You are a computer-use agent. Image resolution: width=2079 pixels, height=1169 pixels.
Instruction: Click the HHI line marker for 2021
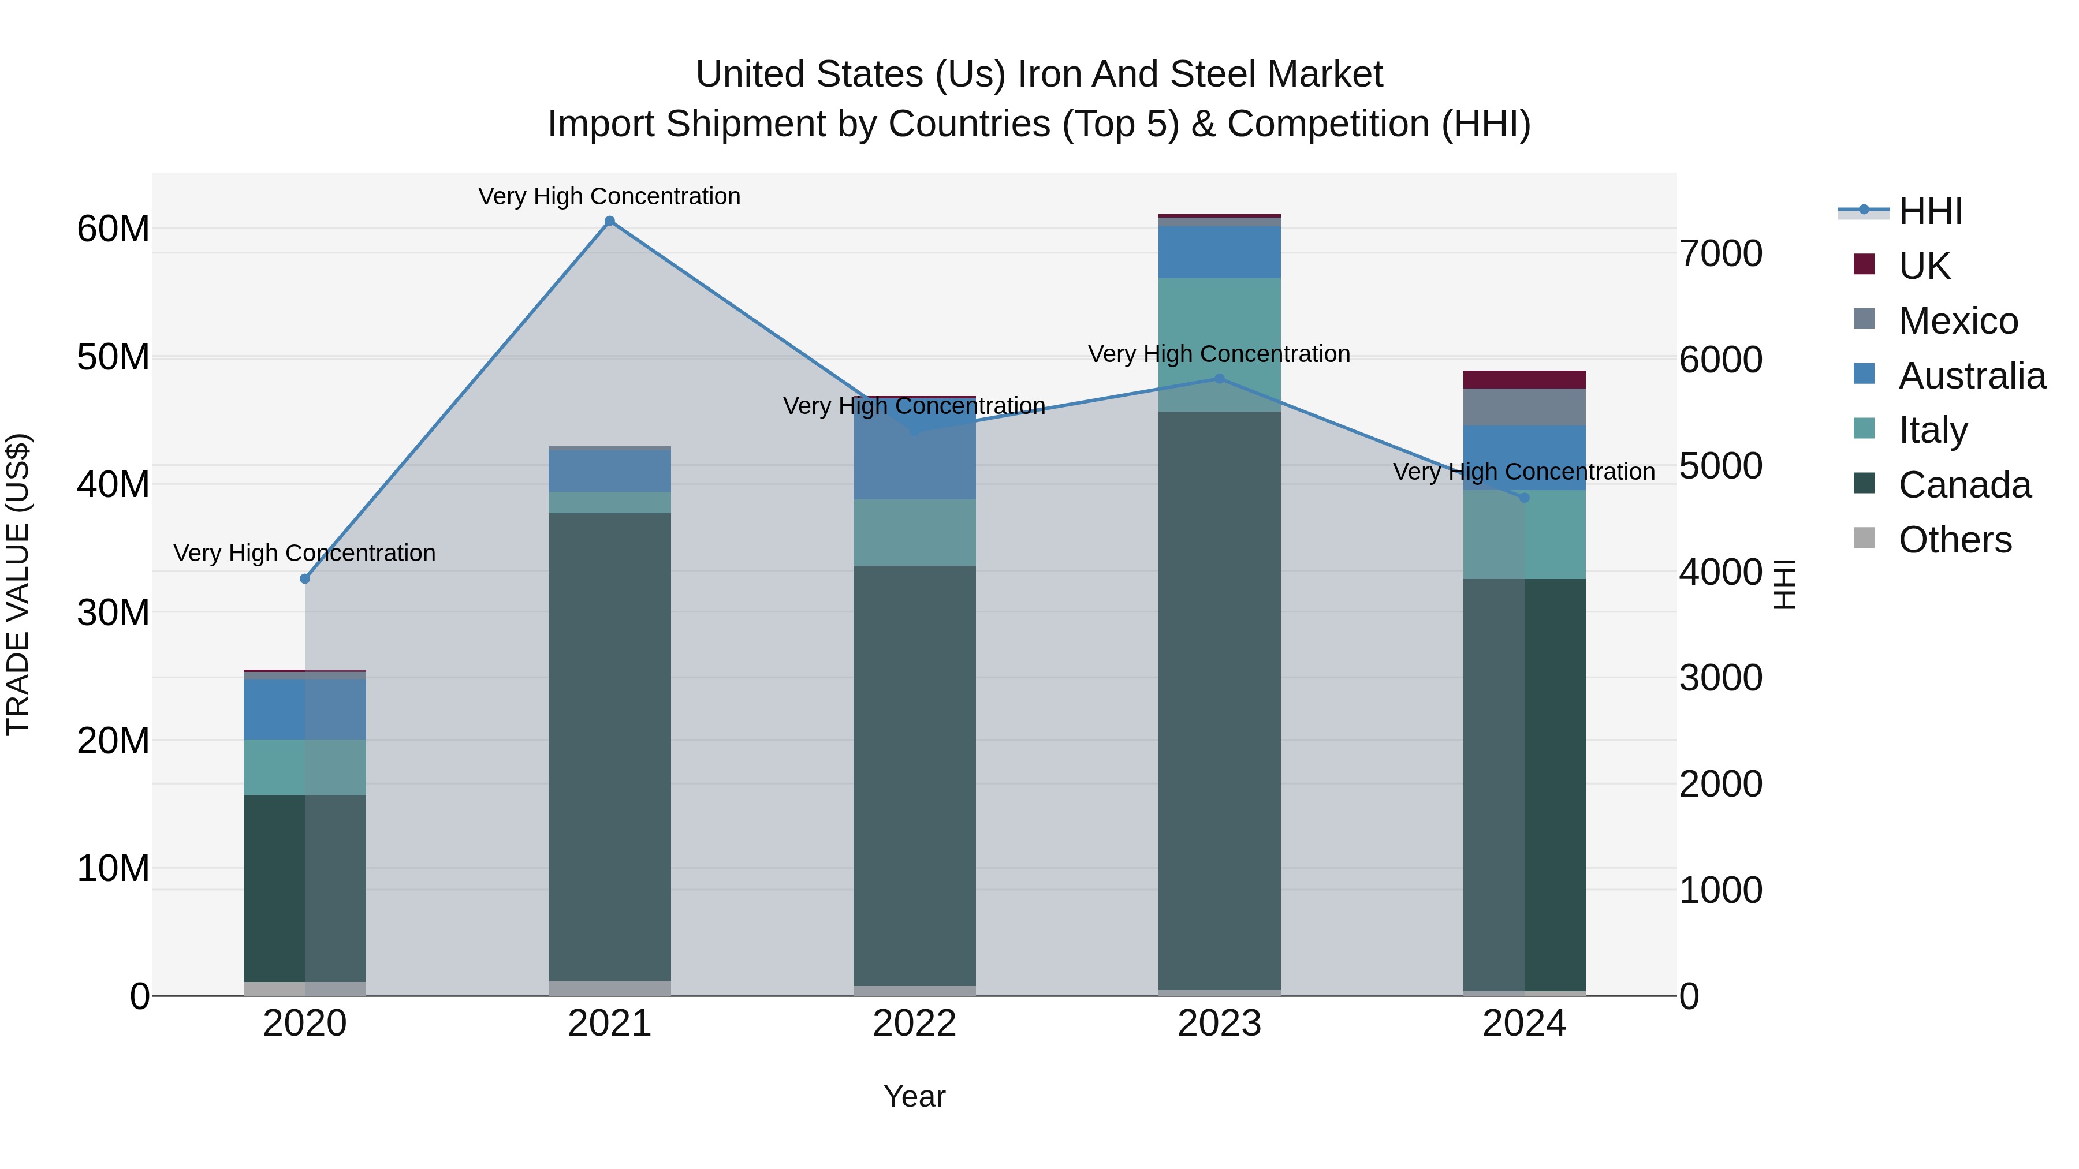coord(609,221)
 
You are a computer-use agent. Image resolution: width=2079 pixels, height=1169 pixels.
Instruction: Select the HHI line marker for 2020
coord(305,578)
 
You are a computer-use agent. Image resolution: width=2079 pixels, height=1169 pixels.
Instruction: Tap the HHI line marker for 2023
coord(1220,378)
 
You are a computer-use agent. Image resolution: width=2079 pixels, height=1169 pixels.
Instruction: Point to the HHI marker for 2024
coord(1525,498)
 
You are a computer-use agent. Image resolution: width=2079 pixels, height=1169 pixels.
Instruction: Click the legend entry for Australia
coord(1972,376)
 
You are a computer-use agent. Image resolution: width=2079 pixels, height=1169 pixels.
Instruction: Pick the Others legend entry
coord(1955,540)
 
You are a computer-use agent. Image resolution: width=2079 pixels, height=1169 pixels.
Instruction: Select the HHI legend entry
coord(1929,211)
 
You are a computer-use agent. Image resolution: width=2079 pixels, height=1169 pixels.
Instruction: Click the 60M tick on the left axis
coord(113,229)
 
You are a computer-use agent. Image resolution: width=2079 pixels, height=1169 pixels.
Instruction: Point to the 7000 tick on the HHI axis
coord(1721,253)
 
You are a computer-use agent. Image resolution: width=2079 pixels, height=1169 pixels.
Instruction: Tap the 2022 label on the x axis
coord(914,1024)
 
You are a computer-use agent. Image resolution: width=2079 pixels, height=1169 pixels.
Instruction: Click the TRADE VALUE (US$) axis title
coord(18,584)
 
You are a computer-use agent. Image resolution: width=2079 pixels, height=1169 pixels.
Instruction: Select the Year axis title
coord(914,1096)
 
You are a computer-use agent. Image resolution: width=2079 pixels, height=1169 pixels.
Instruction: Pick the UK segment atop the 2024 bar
coord(1525,379)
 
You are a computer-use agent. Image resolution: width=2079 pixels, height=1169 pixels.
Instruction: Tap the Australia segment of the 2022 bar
coord(914,460)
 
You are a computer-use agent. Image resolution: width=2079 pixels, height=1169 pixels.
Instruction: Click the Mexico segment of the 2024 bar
coord(1525,406)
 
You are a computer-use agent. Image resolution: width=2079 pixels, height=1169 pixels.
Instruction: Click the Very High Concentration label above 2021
coord(609,196)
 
